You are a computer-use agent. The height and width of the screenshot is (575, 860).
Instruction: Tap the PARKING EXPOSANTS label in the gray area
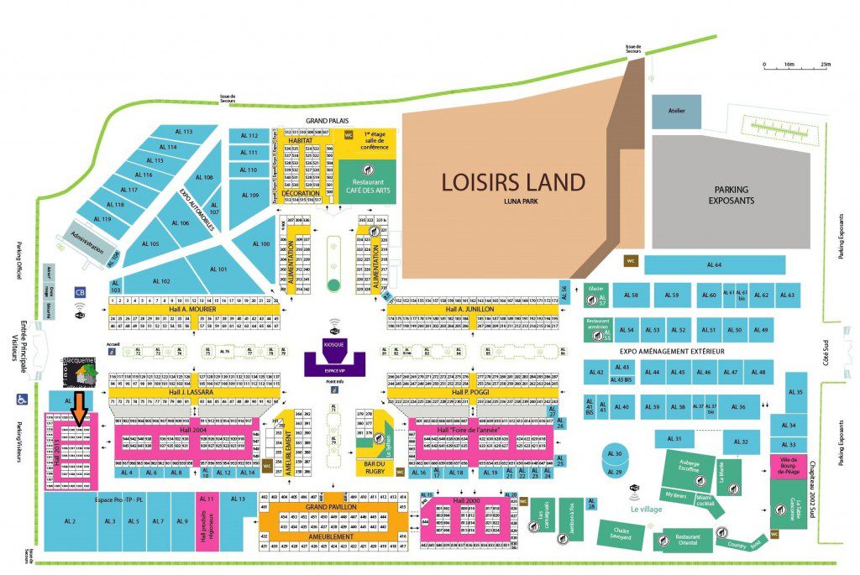pos(731,195)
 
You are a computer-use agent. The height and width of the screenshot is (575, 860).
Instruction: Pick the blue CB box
pos(81,293)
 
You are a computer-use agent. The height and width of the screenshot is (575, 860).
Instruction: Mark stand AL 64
pos(713,265)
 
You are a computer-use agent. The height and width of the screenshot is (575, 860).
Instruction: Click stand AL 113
pos(183,132)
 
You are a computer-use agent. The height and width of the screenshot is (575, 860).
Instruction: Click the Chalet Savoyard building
pos(622,534)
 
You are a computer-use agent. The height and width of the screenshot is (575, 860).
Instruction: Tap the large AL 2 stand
pos(70,521)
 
